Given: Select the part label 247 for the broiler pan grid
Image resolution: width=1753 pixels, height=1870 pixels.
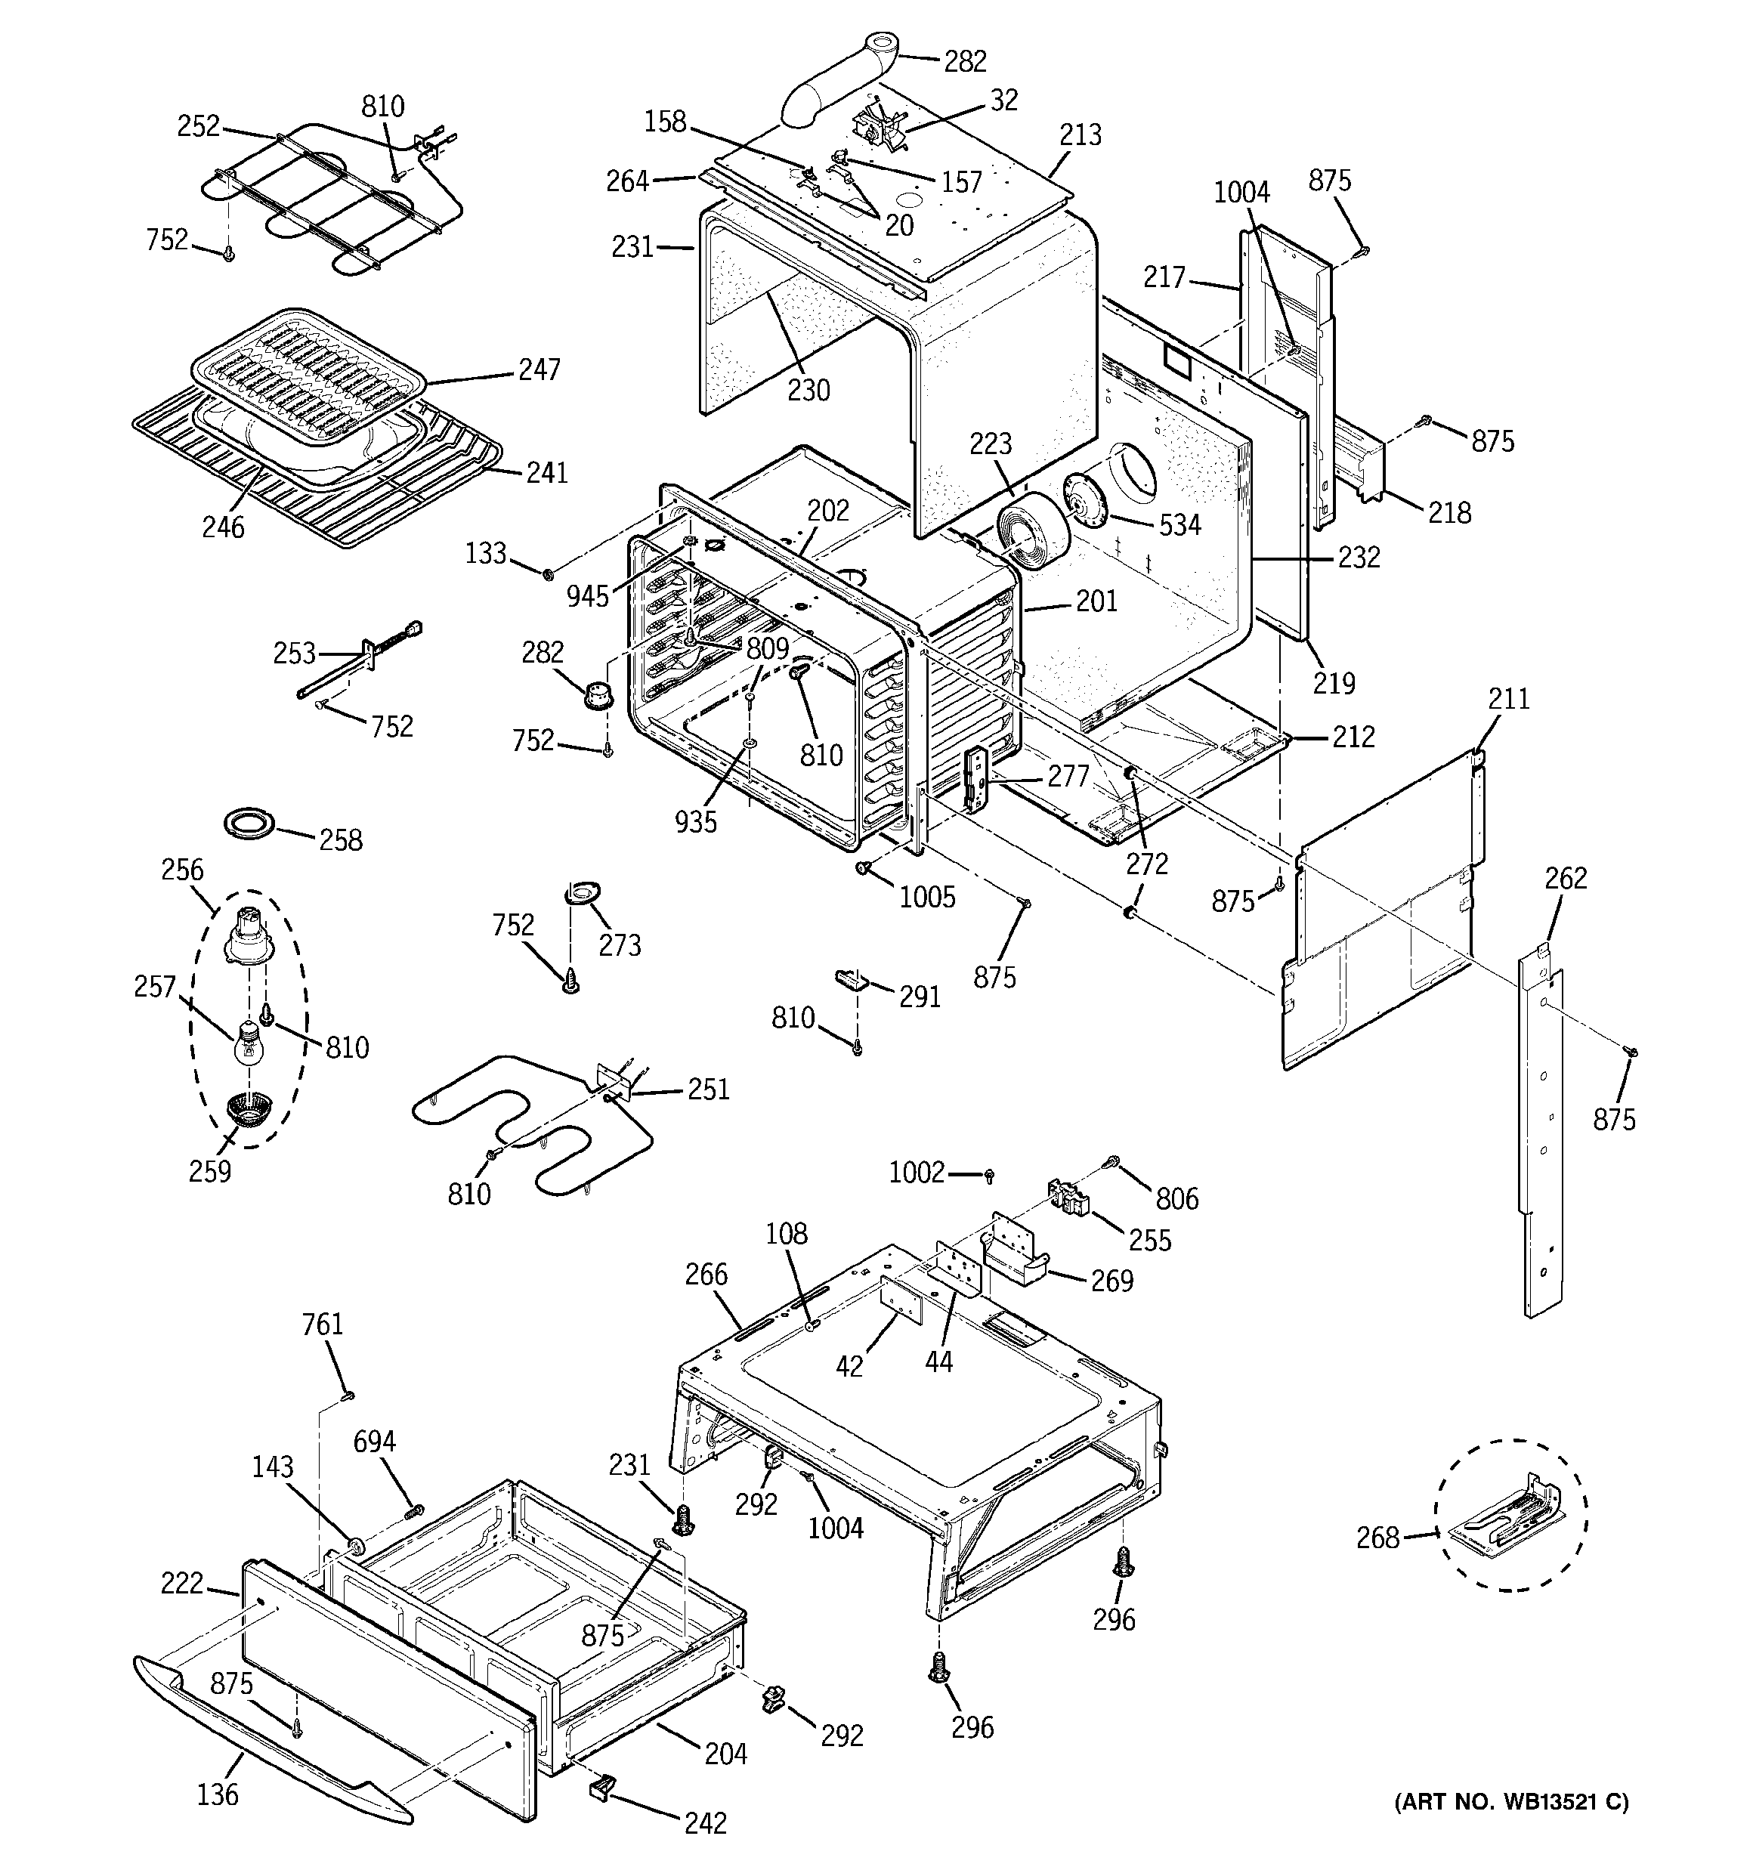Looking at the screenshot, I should (540, 369).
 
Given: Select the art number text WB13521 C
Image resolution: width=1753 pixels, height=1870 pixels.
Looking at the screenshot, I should (1511, 1801).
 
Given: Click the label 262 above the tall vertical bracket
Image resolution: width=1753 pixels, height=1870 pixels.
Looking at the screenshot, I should (1566, 878).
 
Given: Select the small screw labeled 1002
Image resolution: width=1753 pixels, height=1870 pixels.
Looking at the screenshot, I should (989, 1175).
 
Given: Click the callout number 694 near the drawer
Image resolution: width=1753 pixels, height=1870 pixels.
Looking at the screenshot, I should (375, 1441).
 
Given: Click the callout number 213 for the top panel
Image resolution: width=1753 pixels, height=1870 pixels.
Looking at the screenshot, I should (1081, 135).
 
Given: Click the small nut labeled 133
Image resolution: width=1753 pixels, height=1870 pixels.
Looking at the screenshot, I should (549, 572).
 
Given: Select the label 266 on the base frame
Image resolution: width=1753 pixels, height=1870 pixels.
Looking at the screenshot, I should (706, 1275).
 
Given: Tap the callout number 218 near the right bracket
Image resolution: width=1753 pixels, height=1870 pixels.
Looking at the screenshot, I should (1449, 513).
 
